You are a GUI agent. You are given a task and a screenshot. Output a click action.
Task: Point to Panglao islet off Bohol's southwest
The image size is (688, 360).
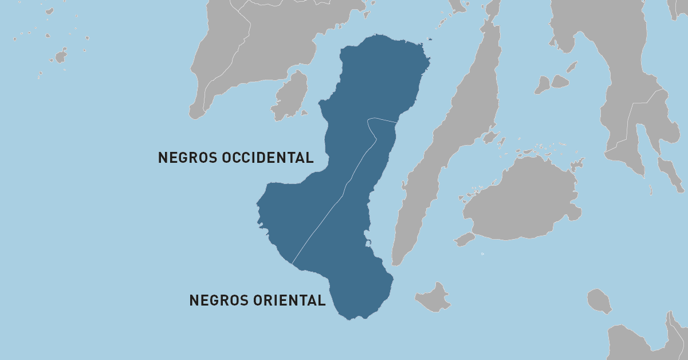[x=465, y=239]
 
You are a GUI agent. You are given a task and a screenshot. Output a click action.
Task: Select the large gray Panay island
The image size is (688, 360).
[x=258, y=46]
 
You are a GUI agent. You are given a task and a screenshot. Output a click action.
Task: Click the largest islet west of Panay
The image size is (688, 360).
[x=60, y=56]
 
